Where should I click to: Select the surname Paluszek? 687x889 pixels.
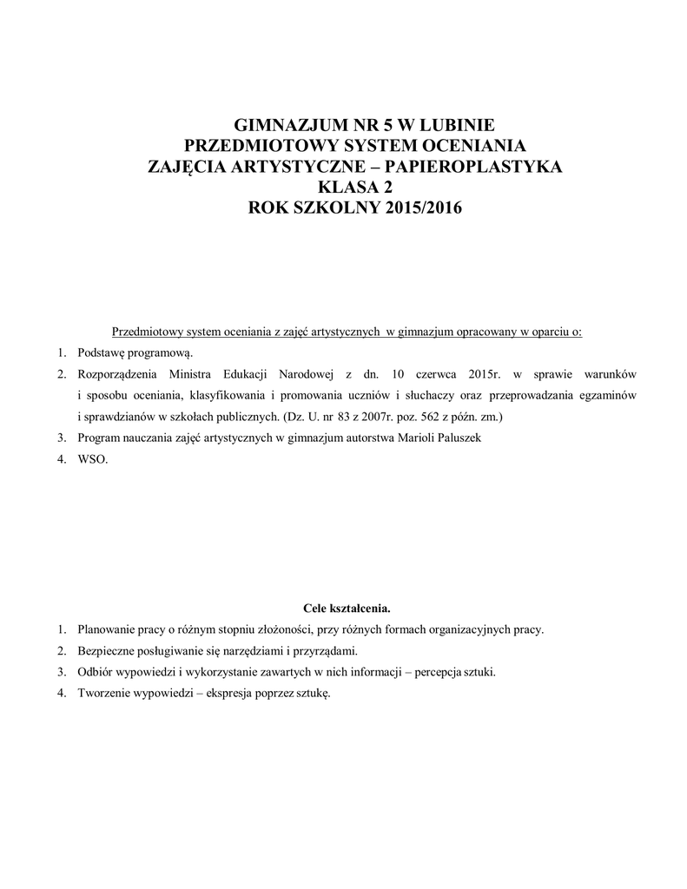tap(452, 438)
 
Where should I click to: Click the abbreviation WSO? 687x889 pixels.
tap(92, 460)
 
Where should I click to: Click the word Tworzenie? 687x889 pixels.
tap(105, 693)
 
